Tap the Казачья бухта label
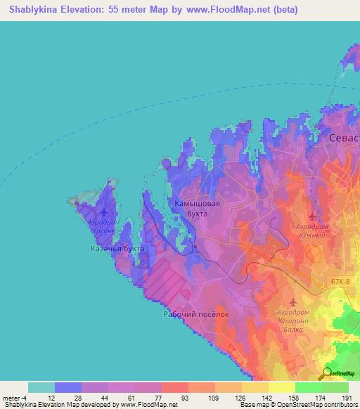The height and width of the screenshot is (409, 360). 117,249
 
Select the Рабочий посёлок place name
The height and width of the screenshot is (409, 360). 197,314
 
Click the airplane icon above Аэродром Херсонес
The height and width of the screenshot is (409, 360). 105,212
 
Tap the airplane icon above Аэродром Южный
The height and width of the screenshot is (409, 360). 313,216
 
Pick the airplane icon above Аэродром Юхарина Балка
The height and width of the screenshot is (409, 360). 293,301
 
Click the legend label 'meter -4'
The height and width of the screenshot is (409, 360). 14,398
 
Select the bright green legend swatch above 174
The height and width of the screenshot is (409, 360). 308,387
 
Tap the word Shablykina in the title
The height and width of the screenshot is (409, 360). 35,10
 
